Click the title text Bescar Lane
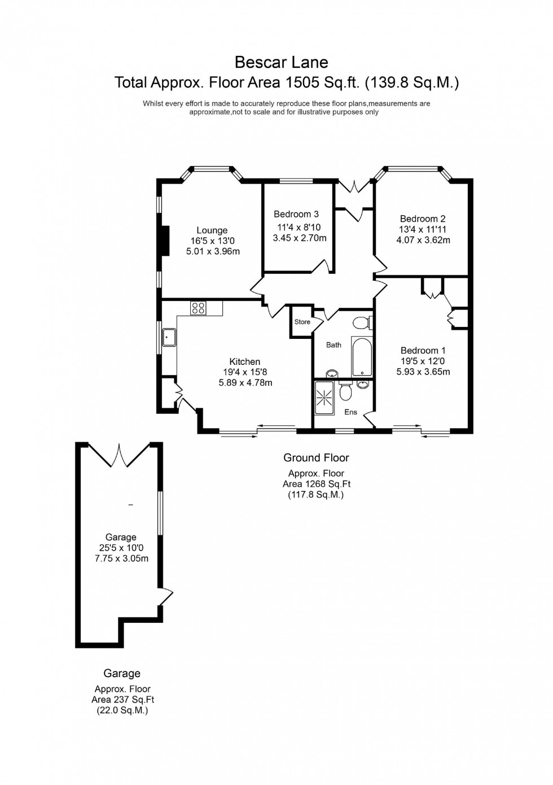(281, 62)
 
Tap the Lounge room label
(212, 230)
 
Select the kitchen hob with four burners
(198, 308)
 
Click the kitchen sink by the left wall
(169, 337)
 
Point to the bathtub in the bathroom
(362, 356)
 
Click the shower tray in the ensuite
(324, 398)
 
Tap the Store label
(302, 322)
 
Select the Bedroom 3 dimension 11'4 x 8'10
(299, 228)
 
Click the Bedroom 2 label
(423, 219)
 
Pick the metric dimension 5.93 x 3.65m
(423, 372)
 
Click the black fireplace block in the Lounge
(164, 241)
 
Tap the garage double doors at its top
(120, 456)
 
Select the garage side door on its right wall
(166, 596)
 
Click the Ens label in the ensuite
(351, 412)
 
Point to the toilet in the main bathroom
(361, 323)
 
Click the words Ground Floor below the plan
(316, 458)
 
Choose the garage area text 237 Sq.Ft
(122, 700)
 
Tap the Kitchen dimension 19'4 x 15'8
(245, 372)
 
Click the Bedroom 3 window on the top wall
(297, 181)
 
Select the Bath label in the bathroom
(333, 344)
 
